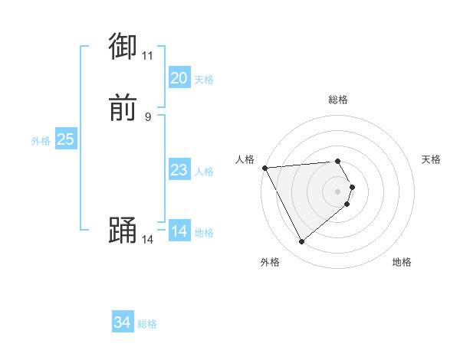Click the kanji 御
123,47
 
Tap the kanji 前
123,108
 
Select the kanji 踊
123,230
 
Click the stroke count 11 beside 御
147,56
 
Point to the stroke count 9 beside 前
147,116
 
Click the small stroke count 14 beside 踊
147,239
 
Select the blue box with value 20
179,78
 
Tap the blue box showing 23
179,170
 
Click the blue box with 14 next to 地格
179,231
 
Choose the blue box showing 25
66,139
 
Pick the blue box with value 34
123,322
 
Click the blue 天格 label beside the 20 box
204,80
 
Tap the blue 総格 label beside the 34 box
147,324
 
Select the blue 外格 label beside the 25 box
41,141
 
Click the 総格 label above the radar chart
337,100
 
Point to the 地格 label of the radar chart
402,262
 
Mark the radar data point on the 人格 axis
264,168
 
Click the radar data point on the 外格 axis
301,242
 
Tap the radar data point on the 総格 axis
337,162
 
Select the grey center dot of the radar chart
337,191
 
